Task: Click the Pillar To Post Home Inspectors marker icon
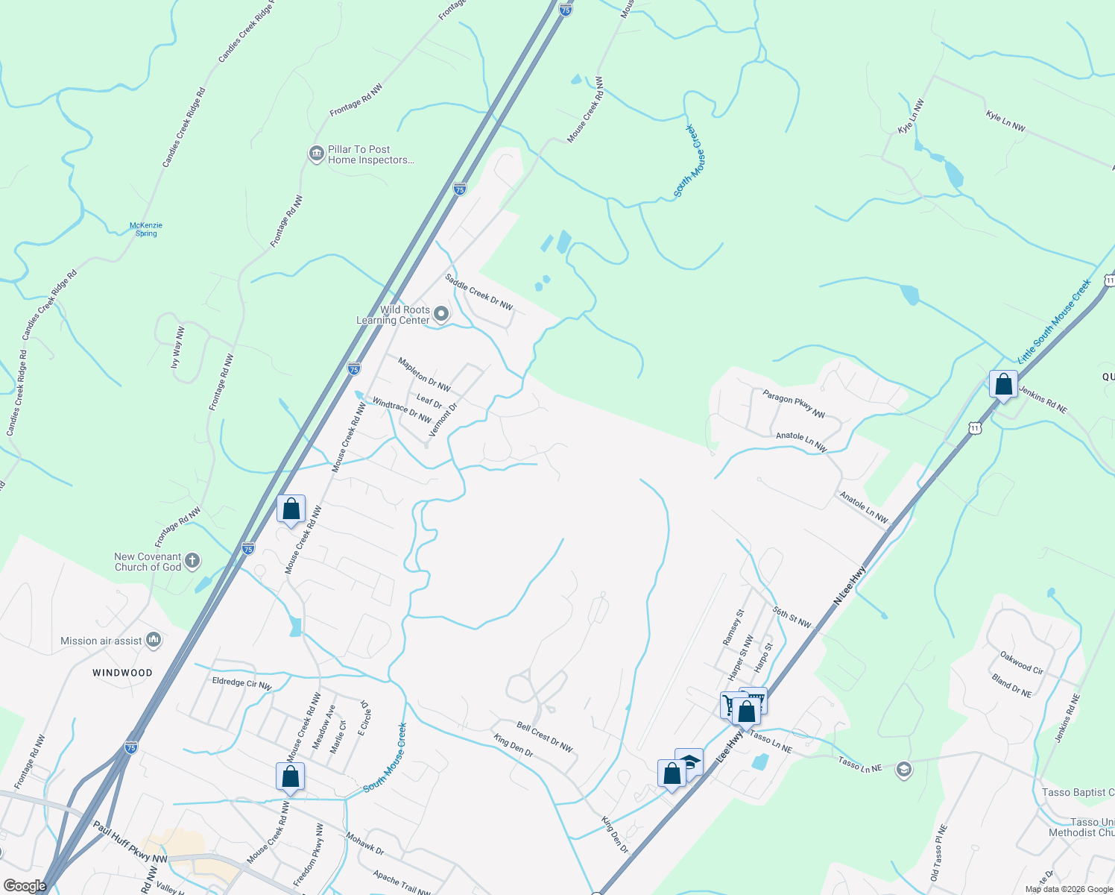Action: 316,154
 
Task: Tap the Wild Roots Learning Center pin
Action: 441,314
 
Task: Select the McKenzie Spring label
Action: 146,229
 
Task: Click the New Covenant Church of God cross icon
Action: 192,561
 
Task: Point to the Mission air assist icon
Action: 154,640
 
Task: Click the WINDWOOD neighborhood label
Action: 122,673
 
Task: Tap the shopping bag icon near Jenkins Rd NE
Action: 1003,385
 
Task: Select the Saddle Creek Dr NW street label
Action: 479,292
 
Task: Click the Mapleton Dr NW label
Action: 424,374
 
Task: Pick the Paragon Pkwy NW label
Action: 794,403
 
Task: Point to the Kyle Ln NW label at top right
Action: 1005,121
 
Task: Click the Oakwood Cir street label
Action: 1022,663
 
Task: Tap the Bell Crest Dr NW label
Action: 545,736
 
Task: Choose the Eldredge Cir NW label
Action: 241,682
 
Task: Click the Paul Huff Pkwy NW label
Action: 130,843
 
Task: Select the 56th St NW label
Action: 792,617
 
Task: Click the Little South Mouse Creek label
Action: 1054,321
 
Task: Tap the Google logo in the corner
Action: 25,886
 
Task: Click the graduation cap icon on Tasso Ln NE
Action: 904,770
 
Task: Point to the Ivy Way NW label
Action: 177,348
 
